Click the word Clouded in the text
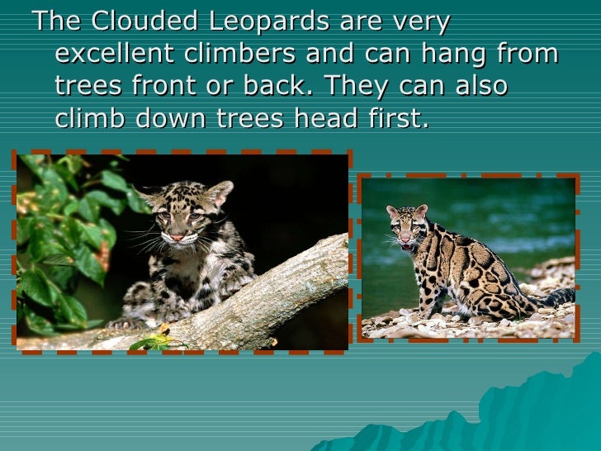(x=127, y=22)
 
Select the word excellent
(x=114, y=55)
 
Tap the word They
(x=354, y=87)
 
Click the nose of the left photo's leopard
(x=177, y=235)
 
